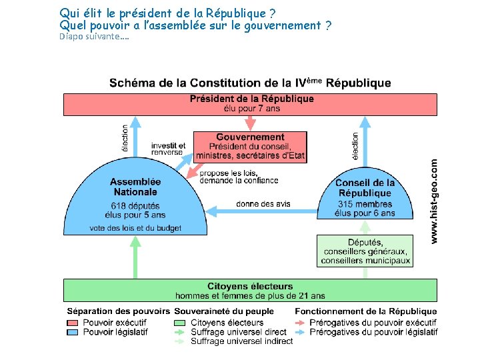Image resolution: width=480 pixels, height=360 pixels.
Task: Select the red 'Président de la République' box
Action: (251, 104)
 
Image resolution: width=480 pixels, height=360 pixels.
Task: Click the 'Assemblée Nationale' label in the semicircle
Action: (135, 187)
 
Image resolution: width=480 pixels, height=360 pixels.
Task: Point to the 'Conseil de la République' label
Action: (365, 188)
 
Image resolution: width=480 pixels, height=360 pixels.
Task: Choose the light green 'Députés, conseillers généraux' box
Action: (365, 251)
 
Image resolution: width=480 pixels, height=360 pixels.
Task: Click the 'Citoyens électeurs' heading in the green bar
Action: (250, 287)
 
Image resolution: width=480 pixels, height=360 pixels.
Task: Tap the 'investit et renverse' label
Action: (168, 149)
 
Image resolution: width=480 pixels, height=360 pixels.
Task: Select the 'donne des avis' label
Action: (263, 204)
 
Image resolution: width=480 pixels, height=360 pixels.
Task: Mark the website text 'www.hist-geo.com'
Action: (434, 200)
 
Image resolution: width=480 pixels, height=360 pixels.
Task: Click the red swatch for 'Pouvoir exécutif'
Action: (73, 323)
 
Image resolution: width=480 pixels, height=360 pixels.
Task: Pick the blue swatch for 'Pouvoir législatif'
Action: (73, 332)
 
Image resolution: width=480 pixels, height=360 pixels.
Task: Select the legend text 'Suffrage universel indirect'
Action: (241, 341)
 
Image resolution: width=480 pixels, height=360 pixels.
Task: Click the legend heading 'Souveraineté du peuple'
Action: (224, 311)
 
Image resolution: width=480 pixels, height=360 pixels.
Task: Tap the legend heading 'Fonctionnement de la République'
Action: (366, 311)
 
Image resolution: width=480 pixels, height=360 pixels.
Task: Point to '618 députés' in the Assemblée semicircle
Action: (135, 205)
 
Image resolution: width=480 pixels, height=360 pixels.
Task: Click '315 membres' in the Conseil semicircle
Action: (365, 204)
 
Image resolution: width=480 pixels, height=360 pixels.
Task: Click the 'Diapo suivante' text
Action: (94, 37)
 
